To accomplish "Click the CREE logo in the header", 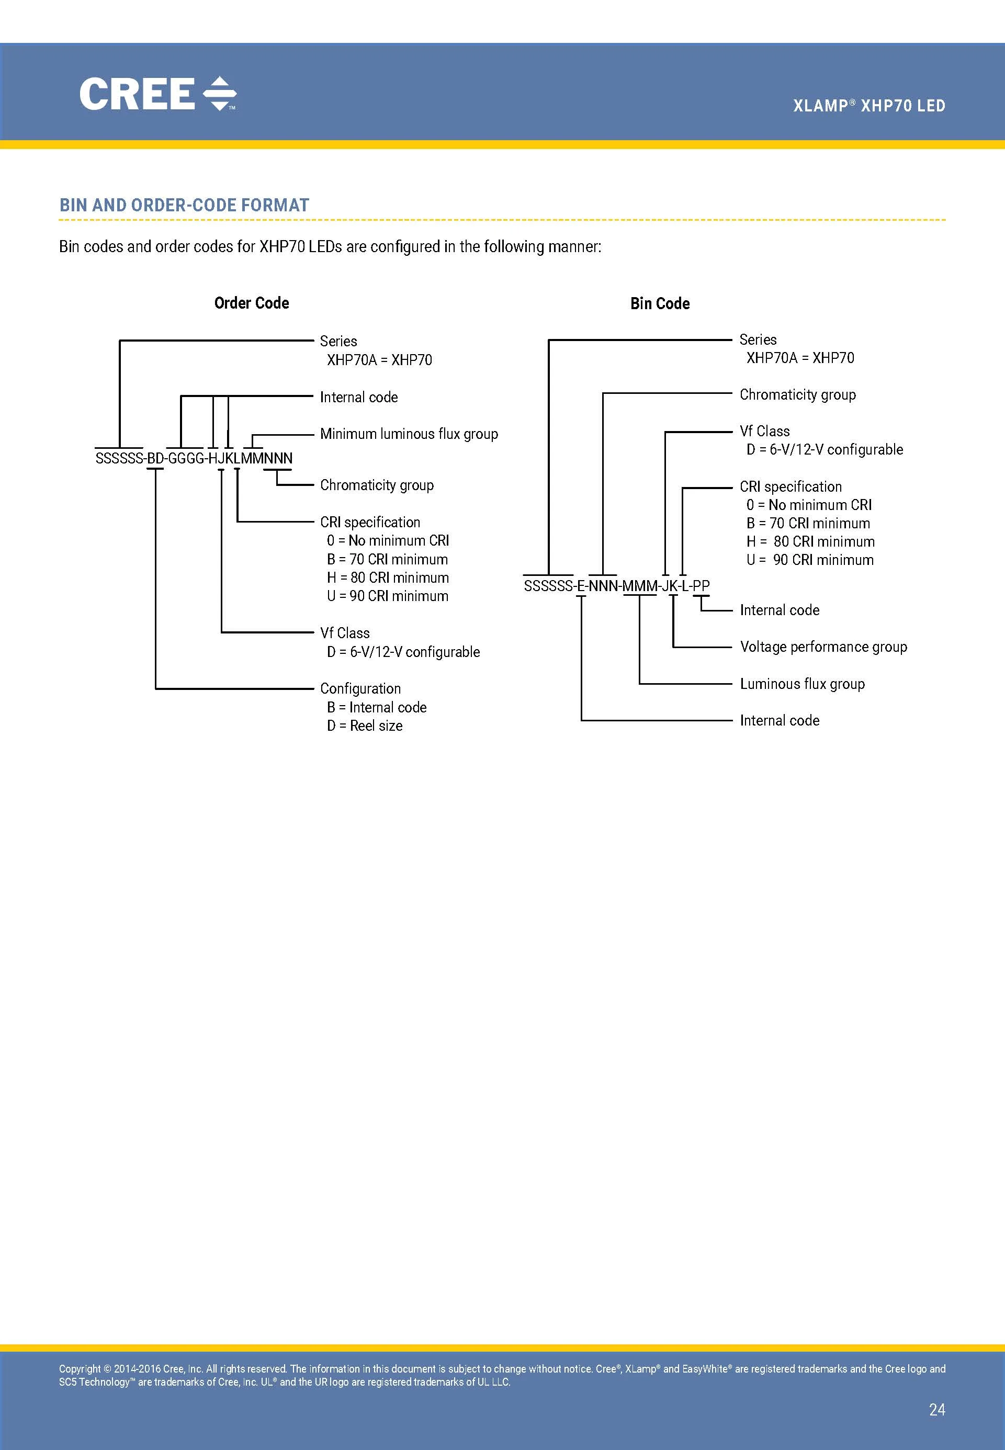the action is click(x=158, y=94).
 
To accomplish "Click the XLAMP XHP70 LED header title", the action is click(x=869, y=106).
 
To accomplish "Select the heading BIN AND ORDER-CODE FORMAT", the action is click(x=184, y=205).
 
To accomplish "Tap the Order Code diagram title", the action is click(x=252, y=303).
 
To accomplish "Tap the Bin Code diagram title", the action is click(x=660, y=303).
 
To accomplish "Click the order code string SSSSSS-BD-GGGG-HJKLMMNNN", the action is click(x=194, y=458).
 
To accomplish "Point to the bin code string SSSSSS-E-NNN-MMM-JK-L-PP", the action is click(x=616, y=585).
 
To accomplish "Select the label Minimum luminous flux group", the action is click(x=409, y=434).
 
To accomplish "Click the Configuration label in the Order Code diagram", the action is click(x=360, y=688).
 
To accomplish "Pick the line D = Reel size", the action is click(x=365, y=726).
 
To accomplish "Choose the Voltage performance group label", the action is click(x=823, y=647).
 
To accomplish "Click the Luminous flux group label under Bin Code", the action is click(x=802, y=684).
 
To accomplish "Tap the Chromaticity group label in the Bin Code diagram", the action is click(x=798, y=395).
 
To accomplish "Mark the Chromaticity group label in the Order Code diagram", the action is click(x=377, y=485).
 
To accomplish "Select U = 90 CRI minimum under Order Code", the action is click(x=387, y=596).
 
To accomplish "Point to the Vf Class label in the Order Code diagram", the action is click(x=344, y=633).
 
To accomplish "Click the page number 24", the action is click(x=937, y=1409).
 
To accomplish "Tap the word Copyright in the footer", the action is click(x=80, y=1369).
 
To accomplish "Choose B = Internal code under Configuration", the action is click(x=377, y=707).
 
